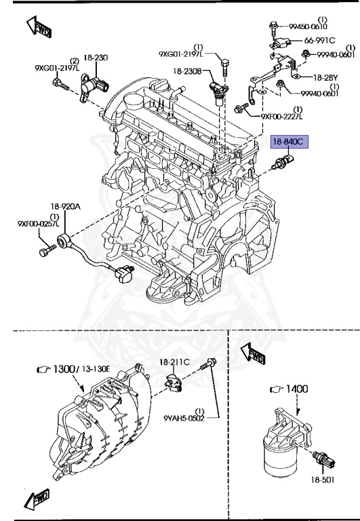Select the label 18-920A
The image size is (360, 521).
(64, 206)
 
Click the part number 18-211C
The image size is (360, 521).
(175, 363)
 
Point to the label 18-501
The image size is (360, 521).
(323, 479)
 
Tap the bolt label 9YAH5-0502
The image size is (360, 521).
(184, 419)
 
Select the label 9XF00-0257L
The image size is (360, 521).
(38, 223)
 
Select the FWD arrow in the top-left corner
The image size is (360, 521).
(38, 27)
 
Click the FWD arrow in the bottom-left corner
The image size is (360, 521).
(37, 500)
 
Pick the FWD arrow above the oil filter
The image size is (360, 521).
(254, 354)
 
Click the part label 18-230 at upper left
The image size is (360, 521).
(96, 58)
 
